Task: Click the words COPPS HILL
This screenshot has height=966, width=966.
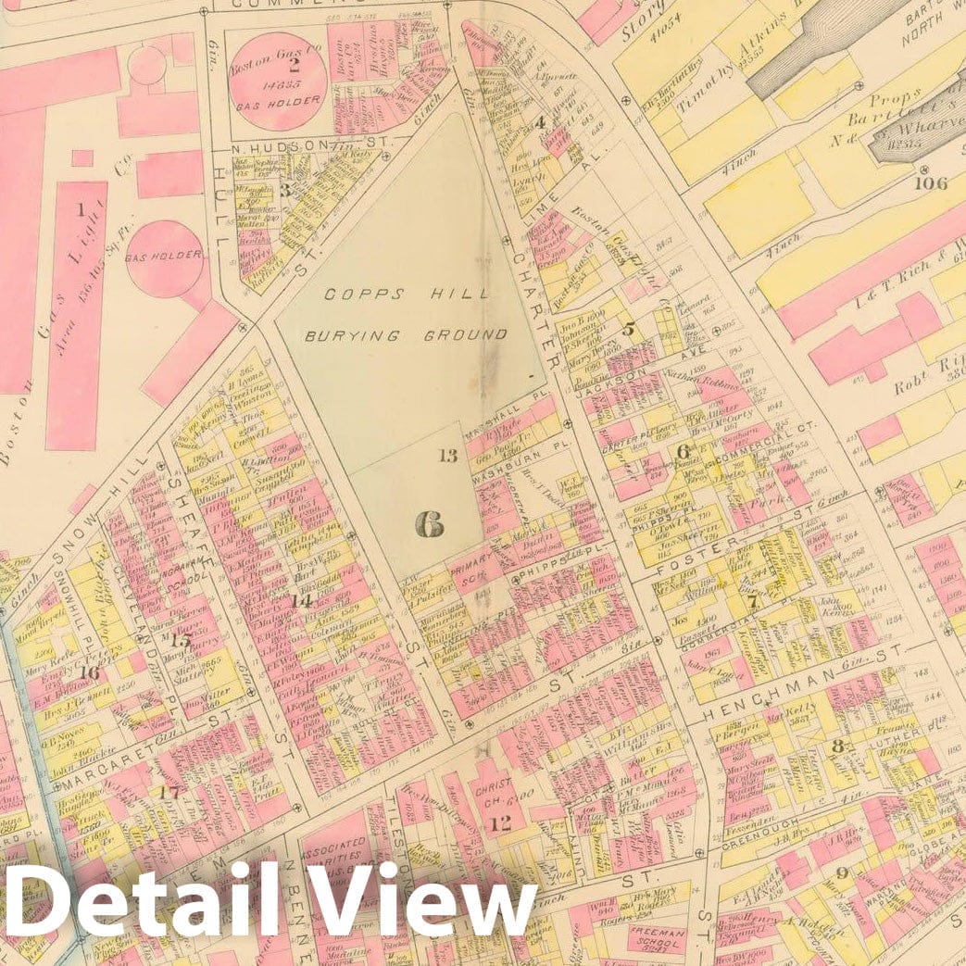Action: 408,295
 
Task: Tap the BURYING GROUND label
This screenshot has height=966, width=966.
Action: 407,335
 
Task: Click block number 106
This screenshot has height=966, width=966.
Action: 930,182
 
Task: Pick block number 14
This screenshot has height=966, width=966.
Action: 300,600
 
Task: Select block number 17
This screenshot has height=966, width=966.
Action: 169,792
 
